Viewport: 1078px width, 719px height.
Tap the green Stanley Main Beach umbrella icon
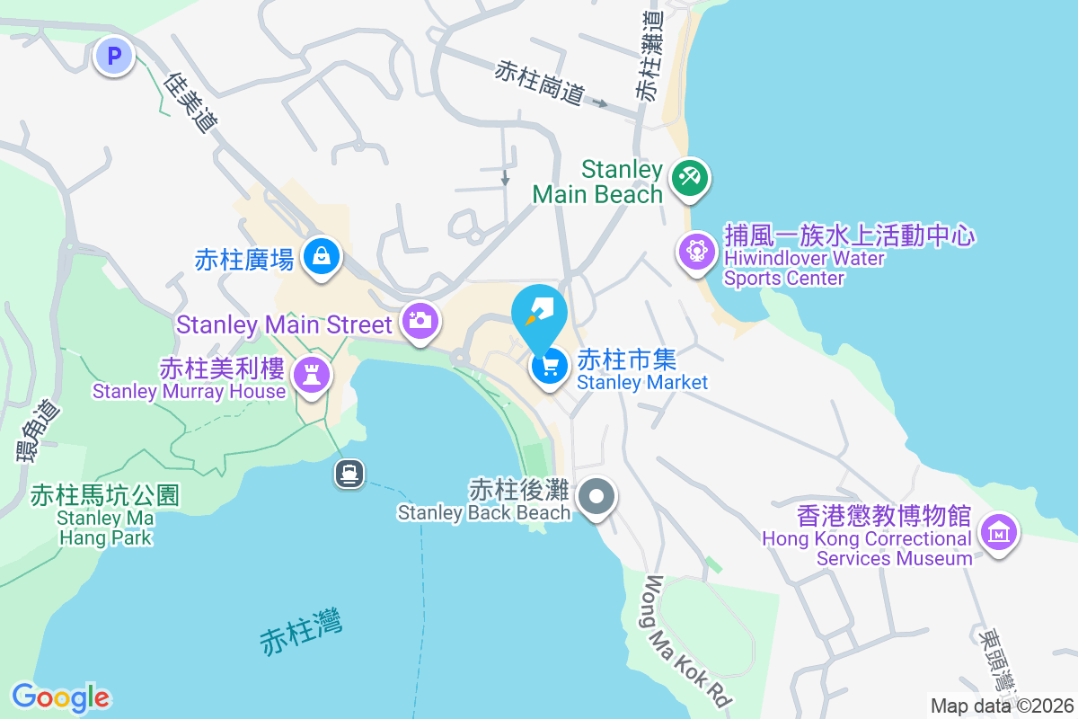690,176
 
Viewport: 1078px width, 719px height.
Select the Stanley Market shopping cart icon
549,366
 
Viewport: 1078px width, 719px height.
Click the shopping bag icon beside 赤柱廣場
320,257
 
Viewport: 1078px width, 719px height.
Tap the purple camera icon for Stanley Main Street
420,320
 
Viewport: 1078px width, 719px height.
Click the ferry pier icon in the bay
349,473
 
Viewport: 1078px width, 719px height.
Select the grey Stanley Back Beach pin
595,496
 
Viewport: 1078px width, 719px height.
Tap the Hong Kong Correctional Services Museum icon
997,532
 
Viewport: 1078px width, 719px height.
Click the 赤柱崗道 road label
539,83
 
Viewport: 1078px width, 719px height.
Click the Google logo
60,697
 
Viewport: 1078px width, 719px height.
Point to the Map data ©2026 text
1002,706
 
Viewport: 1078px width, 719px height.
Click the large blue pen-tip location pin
539,313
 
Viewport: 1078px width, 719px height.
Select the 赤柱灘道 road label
650,56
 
